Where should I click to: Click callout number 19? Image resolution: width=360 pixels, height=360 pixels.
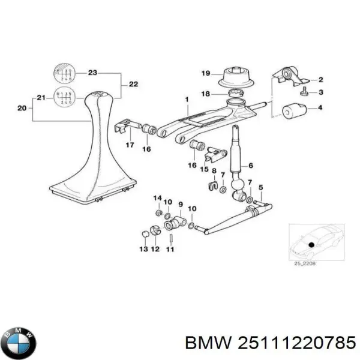tap(206, 74)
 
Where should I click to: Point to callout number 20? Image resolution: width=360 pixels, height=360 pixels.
tap(22, 109)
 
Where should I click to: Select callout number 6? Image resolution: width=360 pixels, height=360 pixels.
tap(251, 166)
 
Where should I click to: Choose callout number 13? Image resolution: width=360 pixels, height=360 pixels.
tap(143, 248)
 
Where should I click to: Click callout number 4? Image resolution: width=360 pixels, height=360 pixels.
tap(320, 107)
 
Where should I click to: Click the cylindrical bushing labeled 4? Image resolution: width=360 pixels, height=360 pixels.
tap(294, 111)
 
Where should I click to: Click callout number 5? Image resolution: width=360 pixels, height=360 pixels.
tap(260, 187)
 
